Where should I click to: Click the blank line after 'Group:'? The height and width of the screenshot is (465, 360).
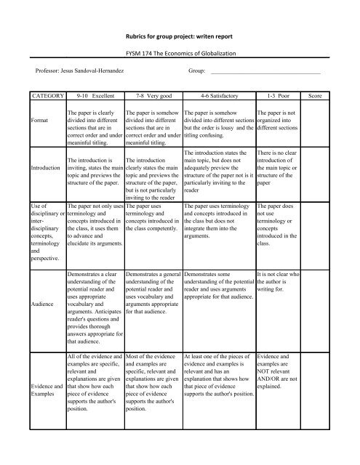coord(265,72)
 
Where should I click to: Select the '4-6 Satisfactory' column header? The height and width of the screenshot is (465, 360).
coord(217,95)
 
